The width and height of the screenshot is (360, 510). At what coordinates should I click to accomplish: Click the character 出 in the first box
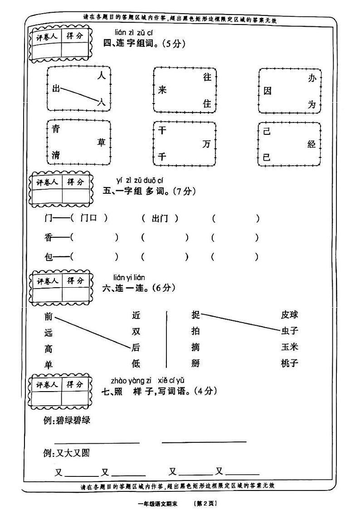point(56,89)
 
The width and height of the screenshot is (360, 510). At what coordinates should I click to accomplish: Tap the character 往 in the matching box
point(207,78)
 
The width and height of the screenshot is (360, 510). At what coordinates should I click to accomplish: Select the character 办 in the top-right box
point(311,78)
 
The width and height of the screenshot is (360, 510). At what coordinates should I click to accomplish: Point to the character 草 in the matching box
point(102,143)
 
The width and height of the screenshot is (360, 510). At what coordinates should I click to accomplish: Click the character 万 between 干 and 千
point(207,144)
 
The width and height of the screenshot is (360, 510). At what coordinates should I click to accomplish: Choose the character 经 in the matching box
point(311,144)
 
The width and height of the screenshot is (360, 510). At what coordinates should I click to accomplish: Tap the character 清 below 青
point(56,156)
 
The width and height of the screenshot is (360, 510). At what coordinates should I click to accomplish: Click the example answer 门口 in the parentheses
point(89,218)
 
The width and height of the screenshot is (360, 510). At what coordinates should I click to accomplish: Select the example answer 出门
point(160,218)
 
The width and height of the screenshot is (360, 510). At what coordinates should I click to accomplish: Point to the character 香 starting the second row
point(49,237)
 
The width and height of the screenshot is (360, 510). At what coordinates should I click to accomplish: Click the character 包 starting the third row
point(49,257)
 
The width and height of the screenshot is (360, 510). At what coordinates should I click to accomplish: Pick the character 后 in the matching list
point(136,348)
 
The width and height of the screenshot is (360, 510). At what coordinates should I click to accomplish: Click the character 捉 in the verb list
point(196,314)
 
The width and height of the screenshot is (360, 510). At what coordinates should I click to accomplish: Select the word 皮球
point(289,314)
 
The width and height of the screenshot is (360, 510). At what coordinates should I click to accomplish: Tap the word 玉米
point(289,347)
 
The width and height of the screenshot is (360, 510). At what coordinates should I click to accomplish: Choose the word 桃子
point(289,363)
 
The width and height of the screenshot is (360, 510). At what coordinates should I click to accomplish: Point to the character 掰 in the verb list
point(196,363)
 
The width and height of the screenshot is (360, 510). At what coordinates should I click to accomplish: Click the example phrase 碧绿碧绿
point(73,420)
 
